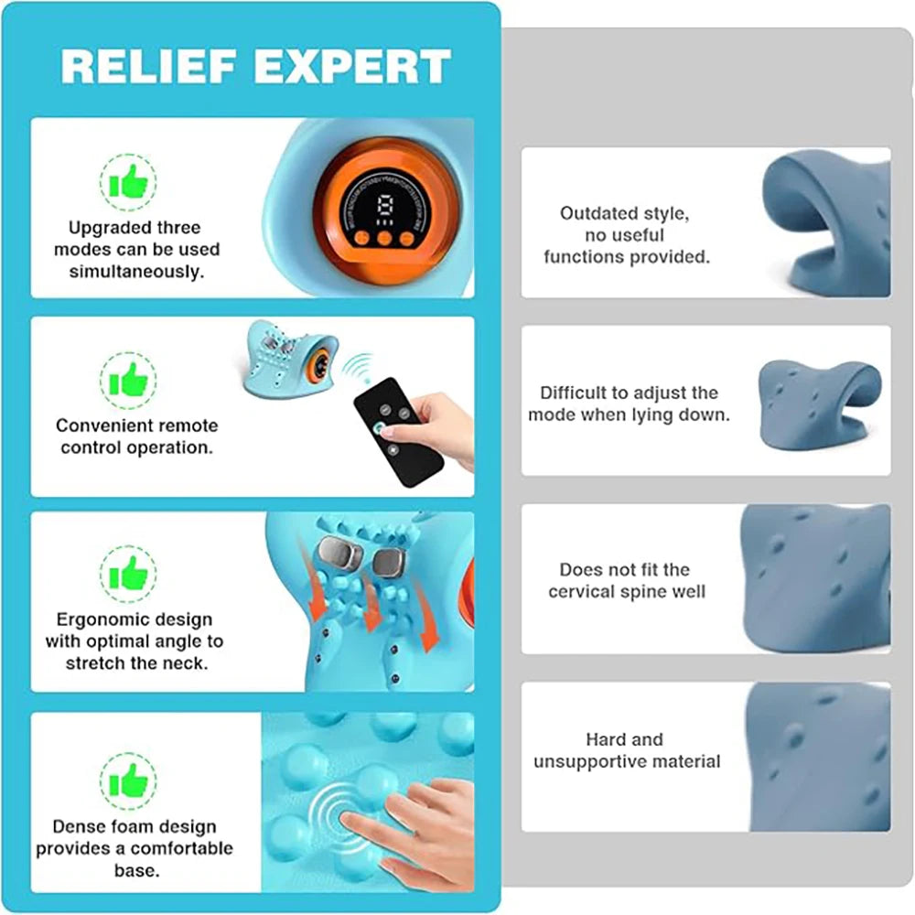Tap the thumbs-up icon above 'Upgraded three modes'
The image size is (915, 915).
(x=127, y=181)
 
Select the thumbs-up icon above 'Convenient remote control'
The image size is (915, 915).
(x=127, y=379)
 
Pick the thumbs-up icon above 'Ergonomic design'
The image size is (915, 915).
(x=127, y=574)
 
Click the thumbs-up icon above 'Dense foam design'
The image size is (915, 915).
(x=127, y=779)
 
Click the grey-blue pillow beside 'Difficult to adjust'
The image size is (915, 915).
(x=819, y=403)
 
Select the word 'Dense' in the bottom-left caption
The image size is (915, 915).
(x=78, y=826)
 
